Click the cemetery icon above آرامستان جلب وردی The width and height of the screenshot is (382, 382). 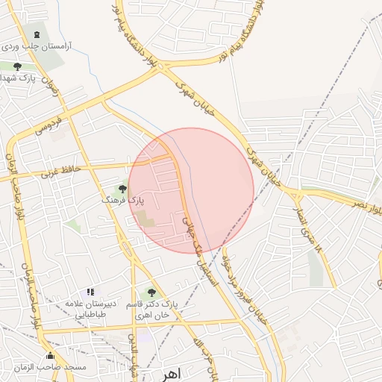(37, 34)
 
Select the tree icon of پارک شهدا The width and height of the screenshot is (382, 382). (17, 66)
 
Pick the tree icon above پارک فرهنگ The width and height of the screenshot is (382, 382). (122, 189)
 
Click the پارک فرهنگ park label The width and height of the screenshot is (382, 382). (122, 201)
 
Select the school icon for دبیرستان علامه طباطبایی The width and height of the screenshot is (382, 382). (90, 292)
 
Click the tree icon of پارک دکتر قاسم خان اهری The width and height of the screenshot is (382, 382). (151, 293)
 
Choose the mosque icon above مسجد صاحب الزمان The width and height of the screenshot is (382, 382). (50, 355)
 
